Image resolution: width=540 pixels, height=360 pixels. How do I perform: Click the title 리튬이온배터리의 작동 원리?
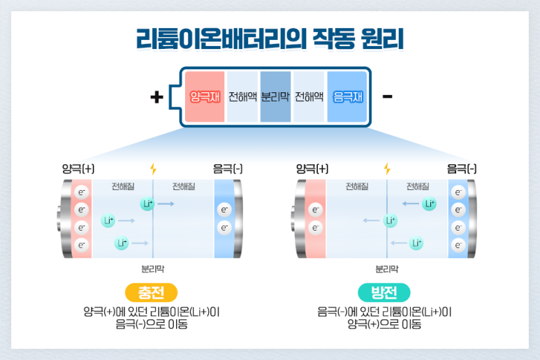[270, 39]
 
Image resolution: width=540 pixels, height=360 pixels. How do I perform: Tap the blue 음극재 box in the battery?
[346, 96]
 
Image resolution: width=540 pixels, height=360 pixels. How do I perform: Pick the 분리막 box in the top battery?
[275, 96]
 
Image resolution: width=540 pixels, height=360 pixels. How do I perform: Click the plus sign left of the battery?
[157, 96]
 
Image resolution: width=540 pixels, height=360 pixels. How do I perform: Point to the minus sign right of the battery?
[387, 96]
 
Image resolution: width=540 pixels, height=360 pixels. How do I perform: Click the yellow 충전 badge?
[152, 292]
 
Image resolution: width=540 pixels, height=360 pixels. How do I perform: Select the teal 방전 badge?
[384, 292]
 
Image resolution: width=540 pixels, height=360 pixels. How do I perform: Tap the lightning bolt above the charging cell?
[153, 169]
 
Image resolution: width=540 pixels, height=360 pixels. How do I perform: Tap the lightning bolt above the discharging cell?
[387, 169]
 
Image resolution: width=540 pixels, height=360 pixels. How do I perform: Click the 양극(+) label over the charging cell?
[78, 169]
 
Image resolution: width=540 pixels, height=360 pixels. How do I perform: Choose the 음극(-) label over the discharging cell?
[462, 169]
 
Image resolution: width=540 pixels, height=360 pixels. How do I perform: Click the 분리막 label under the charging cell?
[152, 268]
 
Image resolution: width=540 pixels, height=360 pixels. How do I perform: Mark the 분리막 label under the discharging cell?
[386, 268]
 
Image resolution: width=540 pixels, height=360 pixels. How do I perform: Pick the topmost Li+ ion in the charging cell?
[147, 203]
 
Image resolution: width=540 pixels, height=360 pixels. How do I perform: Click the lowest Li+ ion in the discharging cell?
[416, 243]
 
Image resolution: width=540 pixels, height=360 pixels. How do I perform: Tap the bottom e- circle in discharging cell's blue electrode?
[458, 245]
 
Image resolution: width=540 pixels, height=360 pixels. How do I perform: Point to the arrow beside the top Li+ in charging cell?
[166, 203]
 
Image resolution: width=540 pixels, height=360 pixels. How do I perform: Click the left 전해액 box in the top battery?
[242, 96]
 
